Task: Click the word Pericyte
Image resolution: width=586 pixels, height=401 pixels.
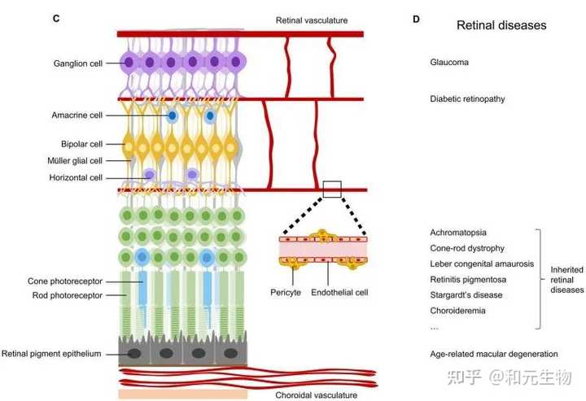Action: click(x=286, y=290)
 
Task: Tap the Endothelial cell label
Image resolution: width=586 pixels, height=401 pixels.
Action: click(x=339, y=290)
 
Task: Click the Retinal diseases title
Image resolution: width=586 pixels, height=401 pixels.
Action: click(x=501, y=25)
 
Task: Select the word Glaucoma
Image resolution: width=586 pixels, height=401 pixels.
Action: click(x=449, y=62)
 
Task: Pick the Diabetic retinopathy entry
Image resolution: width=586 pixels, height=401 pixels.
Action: click(x=467, y=99)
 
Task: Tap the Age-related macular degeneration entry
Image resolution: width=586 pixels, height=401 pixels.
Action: click(x=493, y=354)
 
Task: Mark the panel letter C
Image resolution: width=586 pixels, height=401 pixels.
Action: click(x=54, y=18)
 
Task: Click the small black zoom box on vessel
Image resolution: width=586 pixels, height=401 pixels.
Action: click(x=332, y=190)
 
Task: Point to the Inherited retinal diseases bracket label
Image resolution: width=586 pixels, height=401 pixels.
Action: click(x=566, y=279)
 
